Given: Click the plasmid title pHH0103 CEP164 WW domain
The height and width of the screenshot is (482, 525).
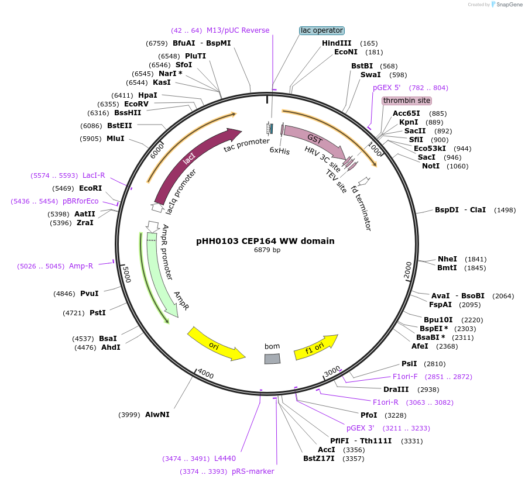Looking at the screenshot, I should tap(265, 241).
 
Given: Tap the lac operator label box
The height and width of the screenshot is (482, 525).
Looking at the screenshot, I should tap(322, 30).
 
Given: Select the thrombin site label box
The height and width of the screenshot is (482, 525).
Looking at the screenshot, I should tap(406, 101).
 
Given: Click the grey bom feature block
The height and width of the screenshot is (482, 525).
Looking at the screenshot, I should tap(272, 359).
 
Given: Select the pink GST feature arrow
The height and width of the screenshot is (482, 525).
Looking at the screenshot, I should tap(313, 141).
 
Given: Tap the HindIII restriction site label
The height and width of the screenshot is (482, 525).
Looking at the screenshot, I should tap(337, 43).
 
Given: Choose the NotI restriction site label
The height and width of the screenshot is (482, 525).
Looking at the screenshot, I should tap(431, 166).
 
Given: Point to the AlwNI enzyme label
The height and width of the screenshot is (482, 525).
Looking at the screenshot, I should tap(157, 415).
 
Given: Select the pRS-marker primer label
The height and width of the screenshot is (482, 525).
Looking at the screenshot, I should tap(253, 471).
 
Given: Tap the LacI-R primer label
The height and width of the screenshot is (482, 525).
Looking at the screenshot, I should tap(94, 175).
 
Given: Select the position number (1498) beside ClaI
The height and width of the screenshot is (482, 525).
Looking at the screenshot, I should tap(505, 210).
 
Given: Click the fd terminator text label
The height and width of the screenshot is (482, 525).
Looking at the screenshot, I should tap(361, 212).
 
